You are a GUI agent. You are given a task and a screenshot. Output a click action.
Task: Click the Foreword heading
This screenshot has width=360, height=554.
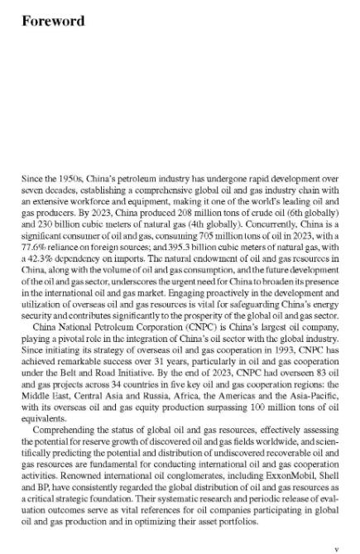click(x=54, y=20)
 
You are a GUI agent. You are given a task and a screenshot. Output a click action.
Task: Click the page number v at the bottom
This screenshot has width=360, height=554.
click(x=335, y=527)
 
